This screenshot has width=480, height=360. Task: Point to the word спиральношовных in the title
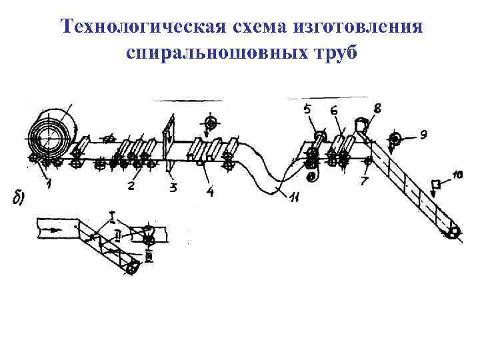pos(213,53)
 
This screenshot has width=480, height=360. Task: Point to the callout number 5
pos(308,110)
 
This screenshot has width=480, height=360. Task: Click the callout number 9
pos(423,135)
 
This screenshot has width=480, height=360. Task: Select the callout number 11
pos(293,196)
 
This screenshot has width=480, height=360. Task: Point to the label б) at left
pos(21,196)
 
